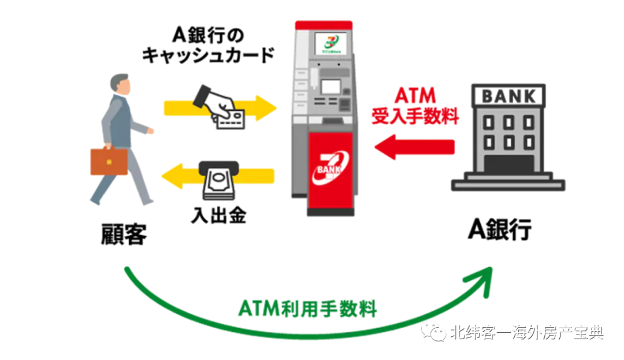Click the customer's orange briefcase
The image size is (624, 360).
[x=109, y=161]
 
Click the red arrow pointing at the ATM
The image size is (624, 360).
[x=414, y=147]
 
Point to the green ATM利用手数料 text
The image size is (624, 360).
[x=307, y=307]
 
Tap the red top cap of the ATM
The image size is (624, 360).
[x=323, y=25]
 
